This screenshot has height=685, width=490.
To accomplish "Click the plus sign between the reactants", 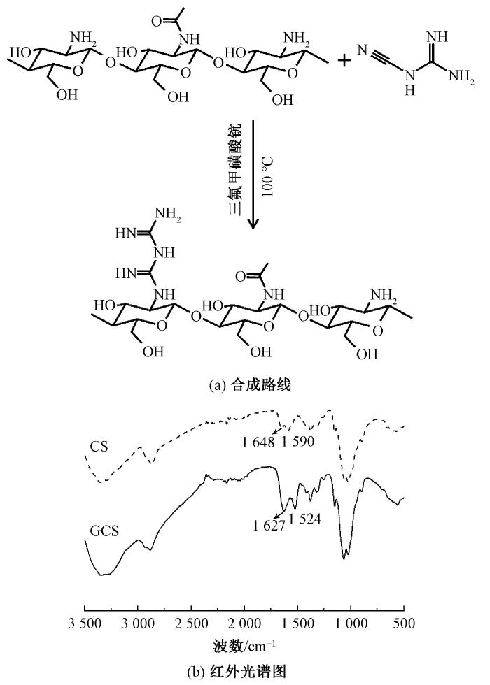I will pyautogui.click(x=345, y=60).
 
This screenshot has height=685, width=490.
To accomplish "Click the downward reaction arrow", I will pyautogui.click(x=253, y=175).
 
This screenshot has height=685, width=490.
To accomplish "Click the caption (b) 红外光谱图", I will pyautogui.click(x=245, y=672).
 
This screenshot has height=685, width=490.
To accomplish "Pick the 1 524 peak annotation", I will pyautogui.click(x=304, y=518).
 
